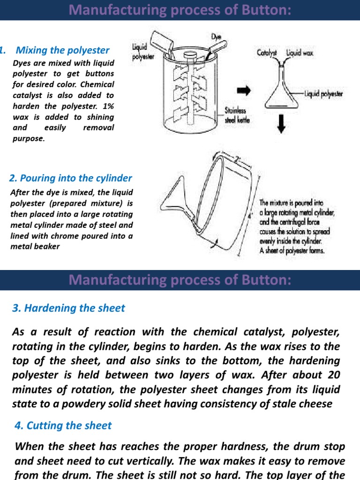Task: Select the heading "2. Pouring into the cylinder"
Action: pyautogui.click(x=71, y=178)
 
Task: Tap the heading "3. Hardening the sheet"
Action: pyautogui.click(x=68, y=308)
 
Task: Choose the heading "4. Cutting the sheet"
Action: pyautogui.click(x=63, y=426)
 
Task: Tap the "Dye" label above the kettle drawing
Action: pyautogui.click(x=216, y=37)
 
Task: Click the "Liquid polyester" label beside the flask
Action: pyautogui.click(x=323, y=94)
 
